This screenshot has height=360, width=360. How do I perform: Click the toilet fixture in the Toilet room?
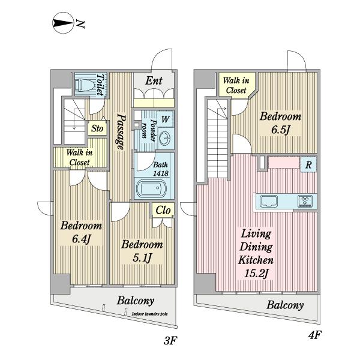(86, 85)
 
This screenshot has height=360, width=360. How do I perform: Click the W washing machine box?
(165, 119)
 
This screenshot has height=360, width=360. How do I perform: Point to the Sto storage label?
(97, 128)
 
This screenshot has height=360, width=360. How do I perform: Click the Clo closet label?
(163, 210)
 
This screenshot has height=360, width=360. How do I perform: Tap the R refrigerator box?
(308, 164)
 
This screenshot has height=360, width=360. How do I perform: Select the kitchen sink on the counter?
(268, 202)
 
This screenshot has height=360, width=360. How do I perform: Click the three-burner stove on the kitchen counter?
(305, 201)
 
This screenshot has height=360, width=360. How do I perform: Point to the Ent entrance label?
(154, 80)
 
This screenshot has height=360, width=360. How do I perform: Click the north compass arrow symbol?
(63, 23)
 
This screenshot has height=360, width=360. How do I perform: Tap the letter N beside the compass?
(80, 23)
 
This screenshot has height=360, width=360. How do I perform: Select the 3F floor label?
(170, 340)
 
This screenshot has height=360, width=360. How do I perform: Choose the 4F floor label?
(314, 335)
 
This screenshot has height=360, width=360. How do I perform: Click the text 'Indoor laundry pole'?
(149, 314)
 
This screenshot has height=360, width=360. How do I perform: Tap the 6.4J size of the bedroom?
(81, 239)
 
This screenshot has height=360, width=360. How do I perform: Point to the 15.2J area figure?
(256, 274)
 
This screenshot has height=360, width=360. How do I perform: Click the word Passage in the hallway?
(121, 131)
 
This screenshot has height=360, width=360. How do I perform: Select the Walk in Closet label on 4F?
(236, 85)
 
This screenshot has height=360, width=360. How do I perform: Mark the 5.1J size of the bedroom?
(142, 257)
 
